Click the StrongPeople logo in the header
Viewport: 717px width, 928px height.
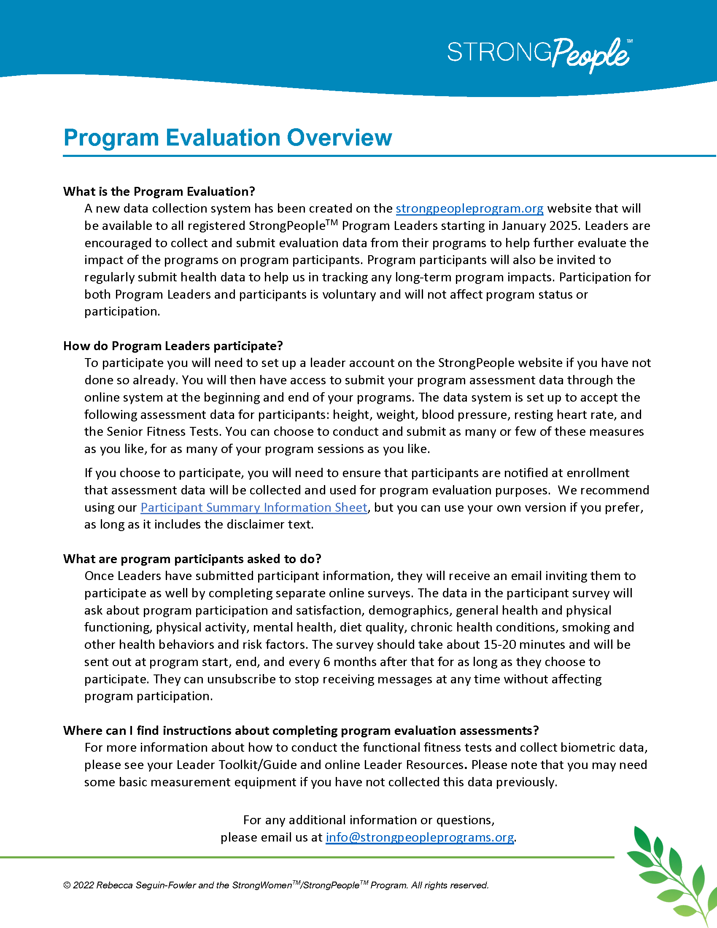(539, 54)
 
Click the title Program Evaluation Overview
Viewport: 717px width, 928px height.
(227, 138)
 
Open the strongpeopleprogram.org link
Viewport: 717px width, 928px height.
(469, 208)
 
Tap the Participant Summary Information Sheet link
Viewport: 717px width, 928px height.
(253, 507)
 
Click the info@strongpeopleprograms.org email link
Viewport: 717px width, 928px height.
(419, 837)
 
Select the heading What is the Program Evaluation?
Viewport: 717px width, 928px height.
(159, 192)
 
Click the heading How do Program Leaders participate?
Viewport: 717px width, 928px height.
(173, 346)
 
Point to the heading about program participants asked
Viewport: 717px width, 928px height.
(192, 559)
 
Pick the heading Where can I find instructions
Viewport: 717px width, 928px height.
(301, 731)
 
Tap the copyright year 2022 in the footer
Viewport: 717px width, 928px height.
(83, 885)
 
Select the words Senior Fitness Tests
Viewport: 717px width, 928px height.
(164, 432)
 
